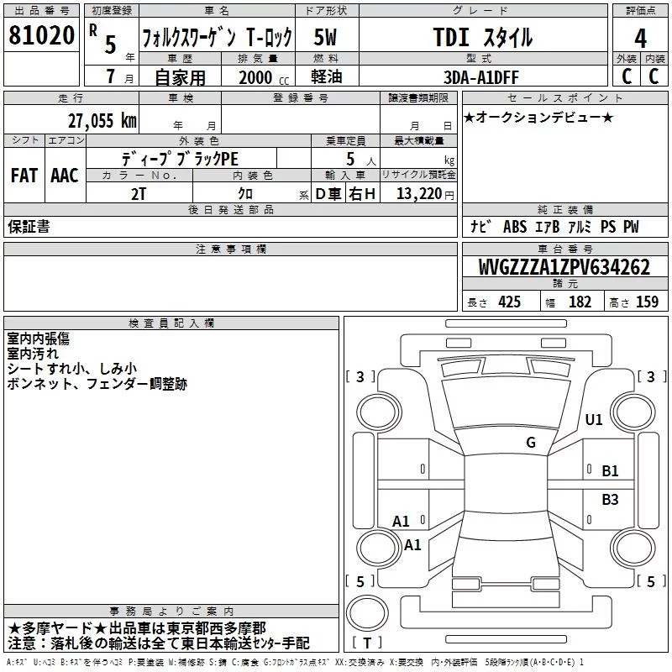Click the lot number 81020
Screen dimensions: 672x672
click(x=41, y=35)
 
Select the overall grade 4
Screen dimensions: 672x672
click(x=640, y=39)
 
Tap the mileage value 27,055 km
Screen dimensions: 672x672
click(x=102, y=120)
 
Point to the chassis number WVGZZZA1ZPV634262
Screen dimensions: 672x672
click(x=564, y=266)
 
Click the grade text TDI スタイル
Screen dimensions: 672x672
click(x=483, y=37)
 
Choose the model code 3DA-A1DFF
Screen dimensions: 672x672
click(x=480, y=77)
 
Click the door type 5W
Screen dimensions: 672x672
click(x=325, y=37)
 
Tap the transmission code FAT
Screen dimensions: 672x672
click(x=24, y=176)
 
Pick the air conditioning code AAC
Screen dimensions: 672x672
click(x=65, y=176)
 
